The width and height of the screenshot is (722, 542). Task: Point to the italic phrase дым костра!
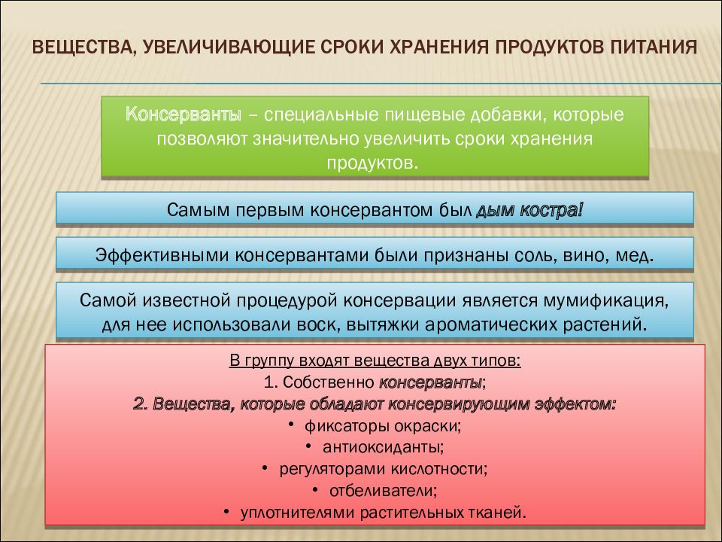click(529, 209)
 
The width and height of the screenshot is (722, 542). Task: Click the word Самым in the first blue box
click(193, 209)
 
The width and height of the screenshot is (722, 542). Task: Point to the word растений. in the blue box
click(614, 324)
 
